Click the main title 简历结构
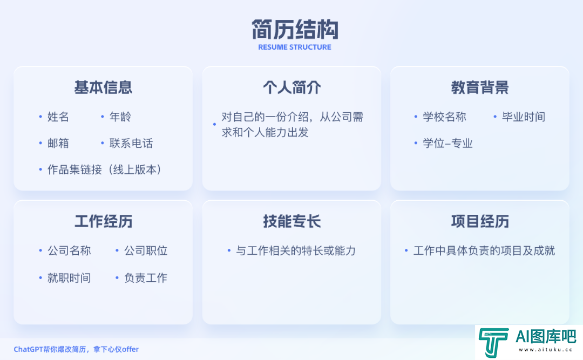coord(295,29)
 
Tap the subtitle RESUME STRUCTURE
coord(295,47)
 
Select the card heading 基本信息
coord(103,87)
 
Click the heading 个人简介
coord(292,87)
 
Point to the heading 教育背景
coord(480,87)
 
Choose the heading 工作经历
coord(103,221)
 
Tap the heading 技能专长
coord(292,221)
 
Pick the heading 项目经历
coord(480,221)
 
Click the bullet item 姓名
coord(58,117)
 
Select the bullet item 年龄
coord(120,117)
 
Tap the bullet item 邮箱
coord(58,143)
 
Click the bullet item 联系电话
coord(131,143)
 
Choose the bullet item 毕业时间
coord(524,117)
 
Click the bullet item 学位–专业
coord(448,143)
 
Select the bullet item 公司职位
coord(146,250)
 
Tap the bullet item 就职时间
coord(69,278)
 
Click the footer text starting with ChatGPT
coord(76,349)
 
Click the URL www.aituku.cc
coord(545,350)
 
